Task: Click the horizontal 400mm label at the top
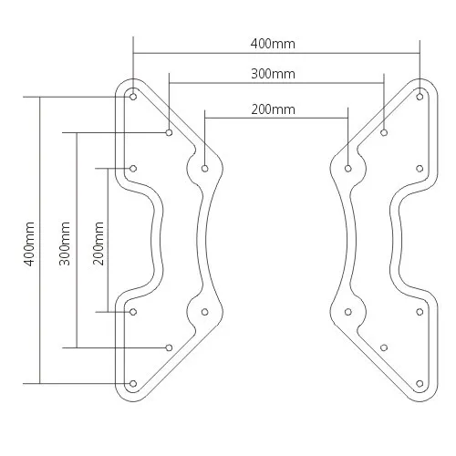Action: point(275,44)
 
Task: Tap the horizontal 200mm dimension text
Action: point(274,109)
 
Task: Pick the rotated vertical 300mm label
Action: point(65,240)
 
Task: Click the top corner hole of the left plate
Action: point(133,94)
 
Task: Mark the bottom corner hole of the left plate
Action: point(133,383)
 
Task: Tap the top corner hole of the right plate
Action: point(420,94)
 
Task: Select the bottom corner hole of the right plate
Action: point(420,383)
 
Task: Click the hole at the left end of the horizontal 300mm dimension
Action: point(170,133)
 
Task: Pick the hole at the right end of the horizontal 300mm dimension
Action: point(383,133)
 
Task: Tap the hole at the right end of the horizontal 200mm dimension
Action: point(348,168)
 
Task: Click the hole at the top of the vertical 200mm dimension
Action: point(133,168)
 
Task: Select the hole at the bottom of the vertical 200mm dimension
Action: point(133,312)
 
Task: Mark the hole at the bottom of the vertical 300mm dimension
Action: point(170,347)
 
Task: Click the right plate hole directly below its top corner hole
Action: point(420,168)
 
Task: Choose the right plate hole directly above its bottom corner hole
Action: point(420,312)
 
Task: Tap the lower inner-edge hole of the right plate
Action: point(348,312)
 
